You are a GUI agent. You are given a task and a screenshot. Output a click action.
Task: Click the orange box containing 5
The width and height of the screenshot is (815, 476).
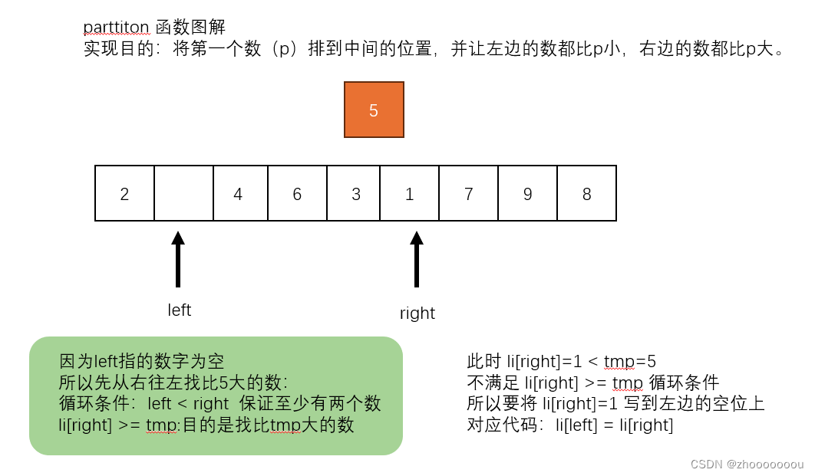coord(374,110)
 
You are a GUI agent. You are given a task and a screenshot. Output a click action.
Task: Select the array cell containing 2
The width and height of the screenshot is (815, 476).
coord(124,193)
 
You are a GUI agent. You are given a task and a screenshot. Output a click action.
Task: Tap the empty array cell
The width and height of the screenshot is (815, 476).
coord(183,193)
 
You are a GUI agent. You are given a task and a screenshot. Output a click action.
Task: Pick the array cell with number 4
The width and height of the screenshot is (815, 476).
coord(238,193)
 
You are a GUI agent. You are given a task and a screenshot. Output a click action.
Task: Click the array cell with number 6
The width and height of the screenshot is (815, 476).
coord(297,193)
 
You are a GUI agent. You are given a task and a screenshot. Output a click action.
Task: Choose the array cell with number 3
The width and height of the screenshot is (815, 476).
coord(355,193)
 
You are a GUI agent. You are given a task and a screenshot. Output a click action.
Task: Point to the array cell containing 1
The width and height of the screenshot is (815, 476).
coord(410,193)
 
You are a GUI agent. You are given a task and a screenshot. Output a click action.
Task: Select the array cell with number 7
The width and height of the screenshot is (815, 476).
coord(468,193)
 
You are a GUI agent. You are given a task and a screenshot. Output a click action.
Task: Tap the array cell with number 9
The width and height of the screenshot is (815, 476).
coord(527,193)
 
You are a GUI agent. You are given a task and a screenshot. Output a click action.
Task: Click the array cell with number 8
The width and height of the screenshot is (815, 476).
coord(586,193)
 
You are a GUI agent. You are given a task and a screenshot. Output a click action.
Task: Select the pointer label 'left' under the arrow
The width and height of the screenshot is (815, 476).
coord(179,310)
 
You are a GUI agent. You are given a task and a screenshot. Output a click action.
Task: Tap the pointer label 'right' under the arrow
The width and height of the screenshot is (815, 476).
coord(417,313)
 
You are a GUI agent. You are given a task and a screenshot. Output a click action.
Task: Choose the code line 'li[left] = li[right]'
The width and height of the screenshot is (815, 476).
coord(614,425)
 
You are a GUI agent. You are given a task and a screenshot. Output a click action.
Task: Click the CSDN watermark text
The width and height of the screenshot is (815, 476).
coord(747,465)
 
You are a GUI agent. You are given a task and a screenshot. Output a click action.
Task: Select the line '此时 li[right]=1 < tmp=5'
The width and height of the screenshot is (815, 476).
coord(561,362)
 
